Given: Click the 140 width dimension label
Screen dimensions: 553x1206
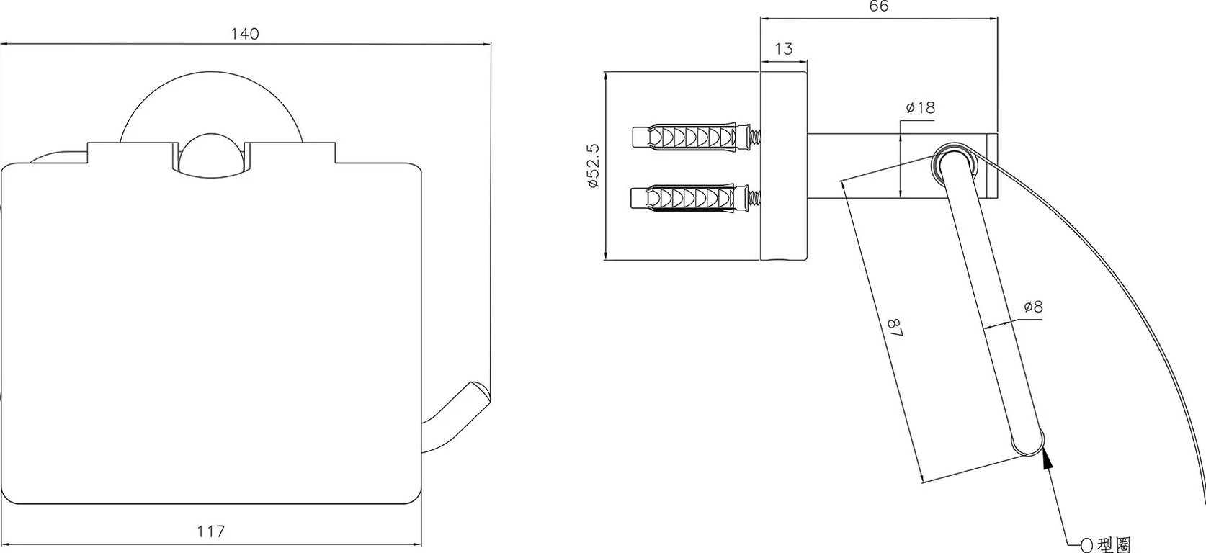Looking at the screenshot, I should click(245, 34).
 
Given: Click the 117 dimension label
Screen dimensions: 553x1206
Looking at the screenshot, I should click(211, 532).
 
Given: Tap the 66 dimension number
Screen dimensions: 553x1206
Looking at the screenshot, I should click(879, 6).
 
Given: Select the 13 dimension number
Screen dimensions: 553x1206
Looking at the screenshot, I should click(784, 49).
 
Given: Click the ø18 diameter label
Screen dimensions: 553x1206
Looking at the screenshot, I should click(920, 108).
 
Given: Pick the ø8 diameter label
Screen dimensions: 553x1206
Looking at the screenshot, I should click(1032, 307).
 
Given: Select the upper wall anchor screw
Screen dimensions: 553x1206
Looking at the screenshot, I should click(694, 136).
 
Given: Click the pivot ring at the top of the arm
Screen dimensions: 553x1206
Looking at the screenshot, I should click(953, 163).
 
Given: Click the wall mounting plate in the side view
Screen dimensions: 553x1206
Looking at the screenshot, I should click(784, 166).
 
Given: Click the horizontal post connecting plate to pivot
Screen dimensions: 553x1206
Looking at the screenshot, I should click(865, 166).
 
